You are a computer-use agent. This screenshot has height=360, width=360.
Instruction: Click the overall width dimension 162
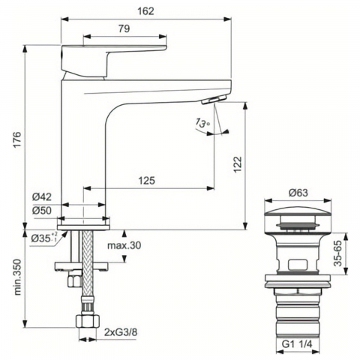[145, 11]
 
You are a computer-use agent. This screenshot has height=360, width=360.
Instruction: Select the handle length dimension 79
[124, 28]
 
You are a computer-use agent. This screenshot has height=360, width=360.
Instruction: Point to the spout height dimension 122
[238, 164]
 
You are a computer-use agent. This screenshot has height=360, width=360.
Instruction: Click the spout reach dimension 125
[147, 180]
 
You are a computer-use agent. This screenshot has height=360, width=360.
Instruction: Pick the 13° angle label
[202, 122]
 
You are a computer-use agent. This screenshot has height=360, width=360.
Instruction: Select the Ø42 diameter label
[42, 197]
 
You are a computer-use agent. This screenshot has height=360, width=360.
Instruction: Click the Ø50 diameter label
[42, 211]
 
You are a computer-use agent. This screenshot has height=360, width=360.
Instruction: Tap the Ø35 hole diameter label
[44, 238]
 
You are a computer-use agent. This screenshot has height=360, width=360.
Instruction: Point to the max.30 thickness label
[124, 245]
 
